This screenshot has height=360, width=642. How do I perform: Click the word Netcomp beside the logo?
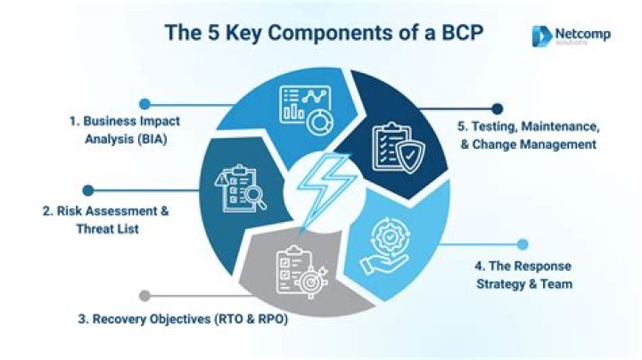click(582, 34)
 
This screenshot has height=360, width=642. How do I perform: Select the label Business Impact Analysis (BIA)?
click(126, 130)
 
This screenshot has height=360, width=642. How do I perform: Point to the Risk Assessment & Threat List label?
click(106, 220)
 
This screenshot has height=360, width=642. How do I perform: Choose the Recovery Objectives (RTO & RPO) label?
click(183, 319)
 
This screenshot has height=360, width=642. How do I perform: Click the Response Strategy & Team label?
click(523, 275)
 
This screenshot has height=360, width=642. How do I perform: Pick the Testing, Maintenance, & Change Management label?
click(528, 135)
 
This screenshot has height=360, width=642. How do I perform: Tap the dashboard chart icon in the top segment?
click(306, 110)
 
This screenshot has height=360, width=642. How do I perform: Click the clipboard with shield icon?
click(398, 148)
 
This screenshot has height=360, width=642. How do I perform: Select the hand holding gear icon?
click(384, 245)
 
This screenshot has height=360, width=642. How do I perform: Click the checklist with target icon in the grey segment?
click(301, 272)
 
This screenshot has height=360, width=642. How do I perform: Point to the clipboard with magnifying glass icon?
click(241, 189)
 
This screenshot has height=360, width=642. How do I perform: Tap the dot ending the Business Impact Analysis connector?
click(144, 104)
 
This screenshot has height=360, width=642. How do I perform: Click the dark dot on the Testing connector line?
click(497, 109)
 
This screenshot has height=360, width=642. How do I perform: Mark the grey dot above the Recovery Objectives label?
click(144, 296)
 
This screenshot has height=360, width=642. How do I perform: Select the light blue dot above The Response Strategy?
click(523, 245)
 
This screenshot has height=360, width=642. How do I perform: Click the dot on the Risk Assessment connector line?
click(88, 190)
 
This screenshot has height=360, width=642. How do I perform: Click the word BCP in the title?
click(462, 32)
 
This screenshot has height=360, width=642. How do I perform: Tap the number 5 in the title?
click(213, 33)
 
